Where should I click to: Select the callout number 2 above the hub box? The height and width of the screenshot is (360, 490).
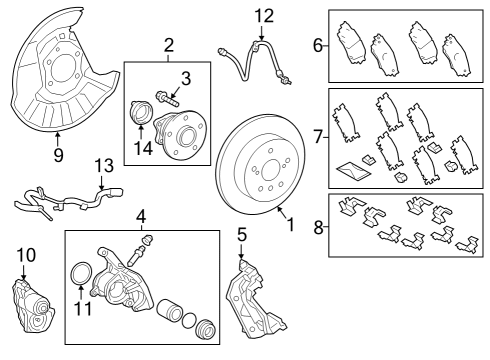[x=169, y=44]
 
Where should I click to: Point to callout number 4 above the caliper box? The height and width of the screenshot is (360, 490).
[x=142, y=215]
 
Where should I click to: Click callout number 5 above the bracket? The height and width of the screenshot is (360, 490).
[x=241, y=235]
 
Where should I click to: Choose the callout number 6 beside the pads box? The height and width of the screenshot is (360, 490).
[x=318, y=45]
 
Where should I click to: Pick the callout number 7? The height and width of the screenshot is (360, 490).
[x=318, y=137]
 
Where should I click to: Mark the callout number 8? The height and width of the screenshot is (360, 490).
[x=318, y=228]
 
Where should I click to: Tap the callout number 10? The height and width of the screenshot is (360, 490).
[x=25, y=256]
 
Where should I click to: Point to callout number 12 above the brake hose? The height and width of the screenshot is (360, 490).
[x=263, y=15]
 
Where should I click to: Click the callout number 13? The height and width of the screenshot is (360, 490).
[x=105, y=165]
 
